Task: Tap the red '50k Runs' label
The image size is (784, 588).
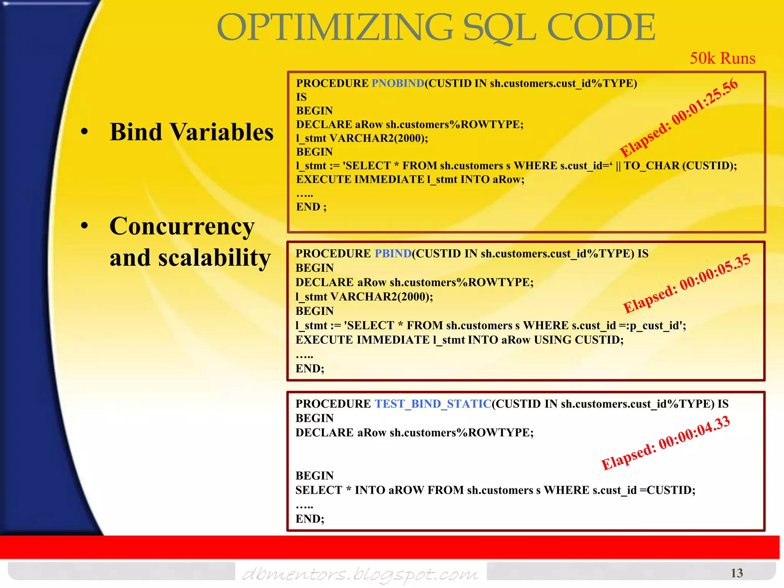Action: tap(722, 58)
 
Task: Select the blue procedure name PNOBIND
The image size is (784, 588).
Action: tap(398, 83)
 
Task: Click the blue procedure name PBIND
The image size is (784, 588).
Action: tap(393, 253)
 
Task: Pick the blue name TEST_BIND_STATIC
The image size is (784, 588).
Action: tap(433, 403)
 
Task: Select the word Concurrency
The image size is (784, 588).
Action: tap(182, 226)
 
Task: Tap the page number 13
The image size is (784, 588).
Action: tap(736, 573)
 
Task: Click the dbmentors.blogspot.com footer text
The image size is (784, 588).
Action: tap(360, 574)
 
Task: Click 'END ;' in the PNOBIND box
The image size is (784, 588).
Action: tap(311, 207)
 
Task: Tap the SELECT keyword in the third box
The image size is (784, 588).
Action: tap(318, 490)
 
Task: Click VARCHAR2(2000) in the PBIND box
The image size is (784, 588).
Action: tap(381, 297)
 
